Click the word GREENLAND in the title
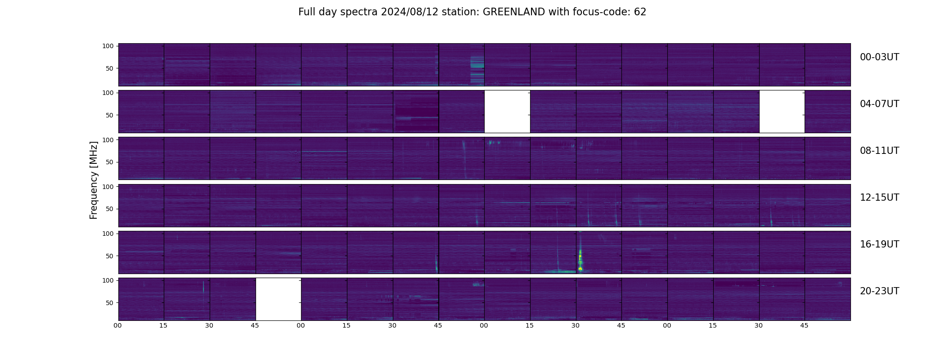514,12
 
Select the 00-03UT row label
879,57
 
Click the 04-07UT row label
879,104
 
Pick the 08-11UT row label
879,151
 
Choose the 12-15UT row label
879,198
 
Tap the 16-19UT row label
879,244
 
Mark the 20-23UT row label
879,291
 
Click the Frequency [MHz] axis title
94,180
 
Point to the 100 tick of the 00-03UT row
108,46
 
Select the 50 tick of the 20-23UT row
110,303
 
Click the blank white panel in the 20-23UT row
278,299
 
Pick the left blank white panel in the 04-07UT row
507,112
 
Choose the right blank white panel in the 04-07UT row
782,112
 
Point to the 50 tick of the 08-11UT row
110,162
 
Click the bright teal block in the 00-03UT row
477,70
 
